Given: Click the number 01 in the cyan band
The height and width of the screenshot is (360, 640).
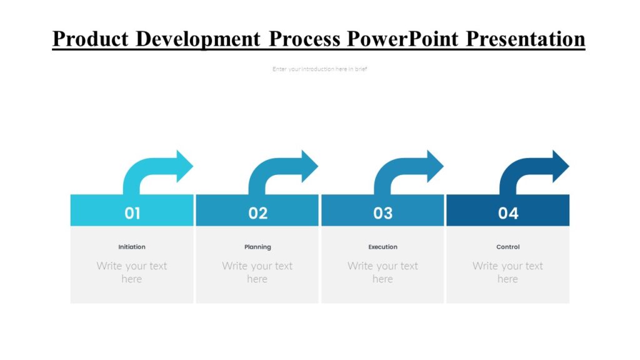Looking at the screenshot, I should [132, 213].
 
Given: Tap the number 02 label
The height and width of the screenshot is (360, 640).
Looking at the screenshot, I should [257, 213].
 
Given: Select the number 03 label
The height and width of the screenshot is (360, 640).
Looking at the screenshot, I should [382, 213].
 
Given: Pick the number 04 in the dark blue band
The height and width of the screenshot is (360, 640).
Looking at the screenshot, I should [508, 213].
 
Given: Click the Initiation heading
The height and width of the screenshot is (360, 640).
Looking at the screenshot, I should [132, 247].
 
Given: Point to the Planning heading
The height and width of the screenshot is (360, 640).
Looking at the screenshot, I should [257, 247].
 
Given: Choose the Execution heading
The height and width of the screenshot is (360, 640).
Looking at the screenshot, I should [382, 247].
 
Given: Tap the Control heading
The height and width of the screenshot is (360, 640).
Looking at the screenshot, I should [507, 247].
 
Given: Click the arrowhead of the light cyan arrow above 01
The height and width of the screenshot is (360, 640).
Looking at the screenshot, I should [184, 166].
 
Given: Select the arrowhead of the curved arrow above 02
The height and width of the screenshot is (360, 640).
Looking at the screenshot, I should [309, 166].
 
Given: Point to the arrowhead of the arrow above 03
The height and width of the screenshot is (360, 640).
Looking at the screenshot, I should [434, 166].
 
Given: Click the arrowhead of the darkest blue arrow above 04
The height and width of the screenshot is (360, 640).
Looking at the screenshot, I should [560, 166].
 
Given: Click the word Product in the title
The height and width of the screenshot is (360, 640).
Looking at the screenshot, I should [91, 39].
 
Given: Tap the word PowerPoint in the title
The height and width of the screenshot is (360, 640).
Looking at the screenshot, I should [404, 39].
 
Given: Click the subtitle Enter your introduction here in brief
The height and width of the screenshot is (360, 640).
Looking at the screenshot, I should [319, 69].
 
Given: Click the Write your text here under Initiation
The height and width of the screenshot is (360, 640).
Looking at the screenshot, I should [132, 272].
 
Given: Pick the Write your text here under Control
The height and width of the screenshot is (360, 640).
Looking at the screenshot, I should [507, 272].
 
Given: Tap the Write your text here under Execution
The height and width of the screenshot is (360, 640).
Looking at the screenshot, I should [382, 272].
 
